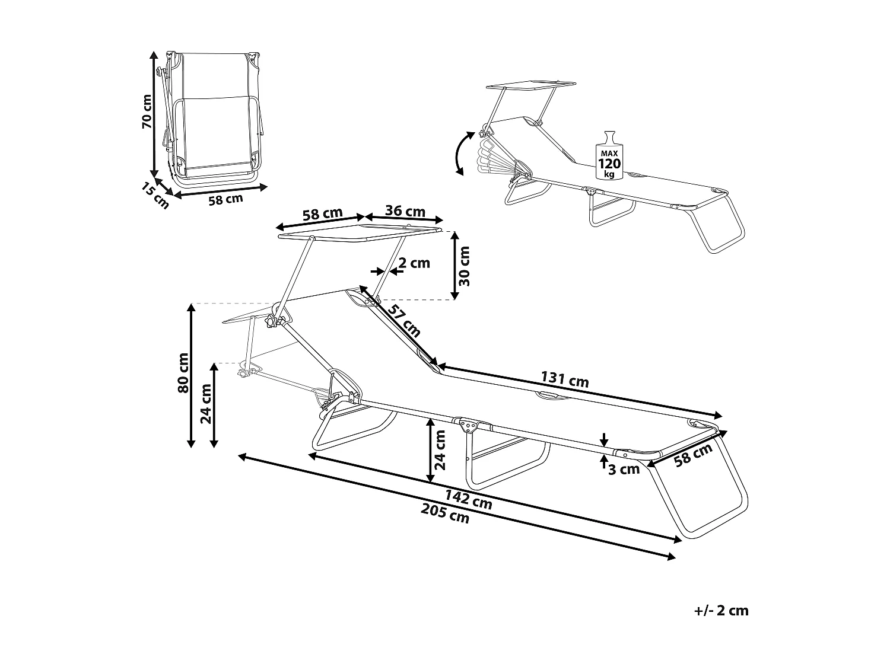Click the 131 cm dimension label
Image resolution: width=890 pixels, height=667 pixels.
coord(565,379)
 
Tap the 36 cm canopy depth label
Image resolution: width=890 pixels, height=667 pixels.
coord(405,211)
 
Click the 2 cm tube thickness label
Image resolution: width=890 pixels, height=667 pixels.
coord(414,263)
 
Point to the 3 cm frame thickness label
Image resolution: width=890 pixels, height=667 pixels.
coord(624,470)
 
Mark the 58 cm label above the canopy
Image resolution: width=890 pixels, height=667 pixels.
coord(323,214)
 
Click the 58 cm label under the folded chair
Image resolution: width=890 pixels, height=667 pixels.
coord(225,200)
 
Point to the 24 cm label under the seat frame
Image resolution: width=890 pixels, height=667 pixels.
coord(440,451)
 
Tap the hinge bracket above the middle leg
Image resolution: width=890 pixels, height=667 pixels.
coord(469,425)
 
